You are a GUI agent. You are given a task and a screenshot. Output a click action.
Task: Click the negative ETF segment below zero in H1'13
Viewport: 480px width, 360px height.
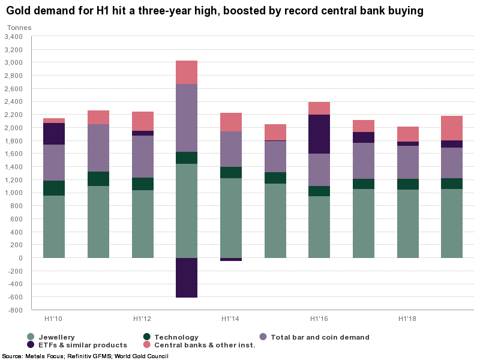click(187, 277)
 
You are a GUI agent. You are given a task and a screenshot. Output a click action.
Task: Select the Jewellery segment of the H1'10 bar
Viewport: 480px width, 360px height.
click(54, 227)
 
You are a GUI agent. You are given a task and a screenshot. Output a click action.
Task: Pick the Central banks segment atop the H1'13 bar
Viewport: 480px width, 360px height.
click(187, 72)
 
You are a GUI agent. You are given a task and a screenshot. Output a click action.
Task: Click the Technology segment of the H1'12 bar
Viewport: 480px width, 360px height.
click(143, 184)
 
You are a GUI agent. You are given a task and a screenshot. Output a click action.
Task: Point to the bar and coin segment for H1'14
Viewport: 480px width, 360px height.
click(231, 149)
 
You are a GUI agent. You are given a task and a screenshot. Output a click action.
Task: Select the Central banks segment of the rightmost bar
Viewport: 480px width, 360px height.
click(452, 128)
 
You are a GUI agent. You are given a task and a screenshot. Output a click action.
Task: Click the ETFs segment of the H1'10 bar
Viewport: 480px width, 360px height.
click(54, 134)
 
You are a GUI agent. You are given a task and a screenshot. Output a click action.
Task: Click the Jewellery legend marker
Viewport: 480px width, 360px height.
click(31, 337)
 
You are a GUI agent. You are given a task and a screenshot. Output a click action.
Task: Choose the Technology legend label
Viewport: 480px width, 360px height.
click(176, 337)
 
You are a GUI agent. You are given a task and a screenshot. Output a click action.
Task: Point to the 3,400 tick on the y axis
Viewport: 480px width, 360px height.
click(13, 37)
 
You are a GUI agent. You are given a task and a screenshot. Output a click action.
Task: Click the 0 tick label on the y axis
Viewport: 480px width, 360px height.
click(20, 258)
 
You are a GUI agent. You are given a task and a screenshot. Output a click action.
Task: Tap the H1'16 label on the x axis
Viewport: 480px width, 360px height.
click(319, 318)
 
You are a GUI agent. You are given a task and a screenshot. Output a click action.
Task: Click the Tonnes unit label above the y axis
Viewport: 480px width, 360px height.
click(19, 28)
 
